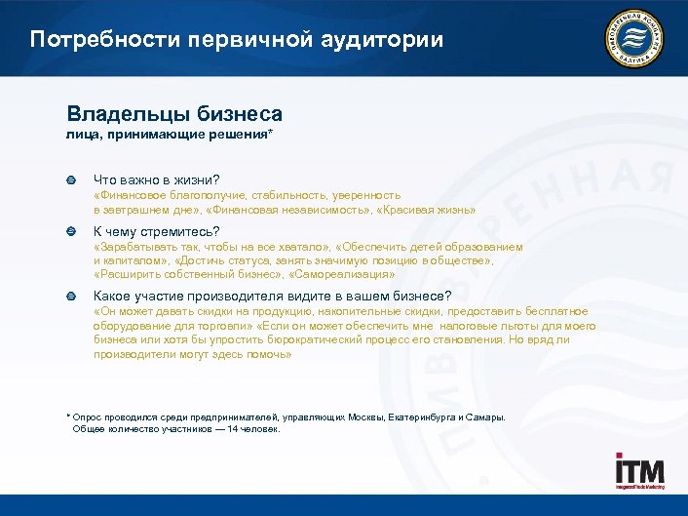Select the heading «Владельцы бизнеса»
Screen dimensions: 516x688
[x=174, y=114]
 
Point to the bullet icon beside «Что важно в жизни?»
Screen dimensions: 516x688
[x=70, y=180]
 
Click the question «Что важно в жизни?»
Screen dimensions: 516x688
[x=156, y=179]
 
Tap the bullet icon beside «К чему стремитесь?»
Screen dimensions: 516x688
[x=70, y=232]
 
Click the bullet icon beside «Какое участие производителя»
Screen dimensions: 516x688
[x=70, y=296]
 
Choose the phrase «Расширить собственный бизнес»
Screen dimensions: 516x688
[x=189, y=275]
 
